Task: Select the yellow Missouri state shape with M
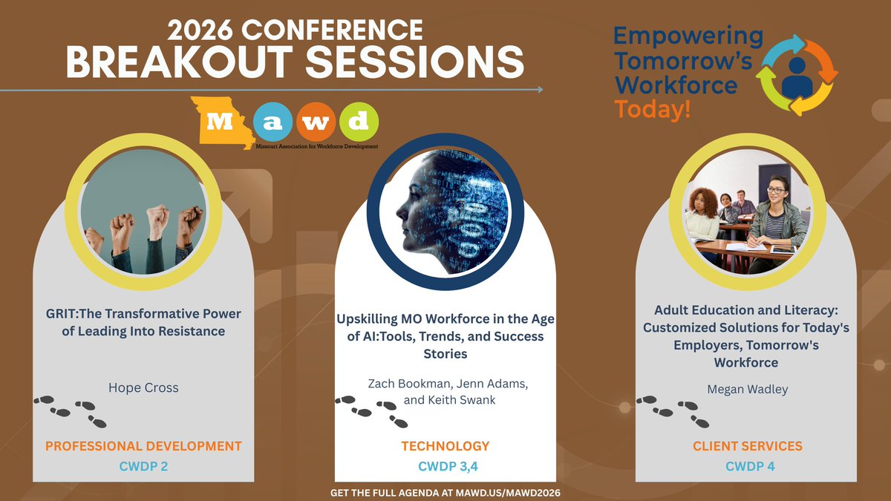coord(223,122)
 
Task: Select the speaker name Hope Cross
coord(143,387)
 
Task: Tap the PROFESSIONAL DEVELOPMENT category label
coord(143,446)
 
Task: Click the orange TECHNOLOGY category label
coord(446,446)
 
